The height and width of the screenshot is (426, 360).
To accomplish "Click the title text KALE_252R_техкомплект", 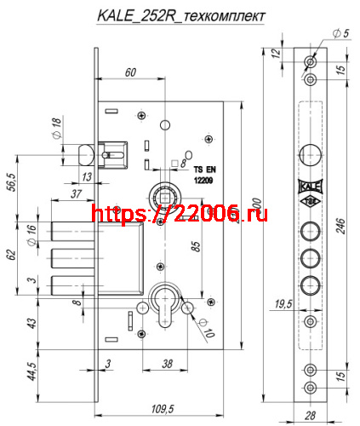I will pos(180,16).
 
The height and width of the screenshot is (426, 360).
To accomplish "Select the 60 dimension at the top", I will pos(130,72).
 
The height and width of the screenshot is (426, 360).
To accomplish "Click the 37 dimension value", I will pos(76,193).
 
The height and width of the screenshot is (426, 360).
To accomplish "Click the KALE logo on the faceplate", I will pos(310,188).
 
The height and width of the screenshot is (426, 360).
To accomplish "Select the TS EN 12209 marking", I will pos(205,175).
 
